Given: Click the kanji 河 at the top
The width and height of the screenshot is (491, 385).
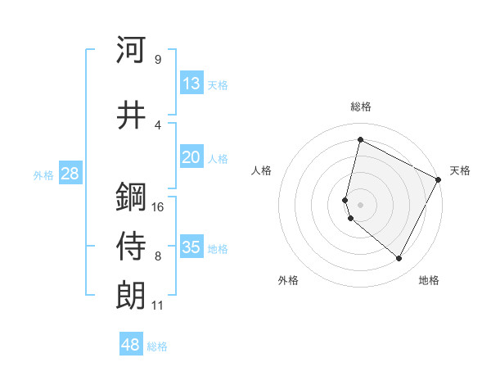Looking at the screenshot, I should pos(131,50).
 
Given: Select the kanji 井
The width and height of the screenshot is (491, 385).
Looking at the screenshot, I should pos(131,115).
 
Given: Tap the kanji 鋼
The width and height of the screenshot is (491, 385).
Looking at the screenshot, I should pos(131,197).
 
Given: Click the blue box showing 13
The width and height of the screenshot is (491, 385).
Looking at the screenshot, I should pos(191,84).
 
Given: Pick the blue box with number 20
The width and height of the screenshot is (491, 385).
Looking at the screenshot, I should pos(191,157).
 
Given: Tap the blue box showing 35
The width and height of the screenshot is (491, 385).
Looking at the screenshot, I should pos(191,247).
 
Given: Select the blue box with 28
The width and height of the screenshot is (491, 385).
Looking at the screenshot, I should pos(70,174).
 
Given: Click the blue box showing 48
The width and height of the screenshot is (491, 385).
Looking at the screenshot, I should pos(131,345).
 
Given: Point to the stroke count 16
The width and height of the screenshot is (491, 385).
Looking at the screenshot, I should pos(158,206).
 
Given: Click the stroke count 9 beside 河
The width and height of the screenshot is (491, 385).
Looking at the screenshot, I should pos(157,60).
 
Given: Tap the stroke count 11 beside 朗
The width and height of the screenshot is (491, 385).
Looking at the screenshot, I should pos(157,306).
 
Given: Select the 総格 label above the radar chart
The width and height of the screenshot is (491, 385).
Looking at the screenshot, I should pos(361,106).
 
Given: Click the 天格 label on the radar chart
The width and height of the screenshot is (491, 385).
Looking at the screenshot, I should pos(460,170).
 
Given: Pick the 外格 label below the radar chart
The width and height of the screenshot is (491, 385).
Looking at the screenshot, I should pos(288,281).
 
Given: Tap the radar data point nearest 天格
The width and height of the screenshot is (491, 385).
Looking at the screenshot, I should pos(439,179).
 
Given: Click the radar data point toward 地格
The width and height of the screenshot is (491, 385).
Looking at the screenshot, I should pos(399,259).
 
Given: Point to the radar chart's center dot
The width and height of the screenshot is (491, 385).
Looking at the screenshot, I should pos(361,204).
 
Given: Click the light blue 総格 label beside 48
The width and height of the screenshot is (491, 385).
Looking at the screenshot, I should pos(157,346).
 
